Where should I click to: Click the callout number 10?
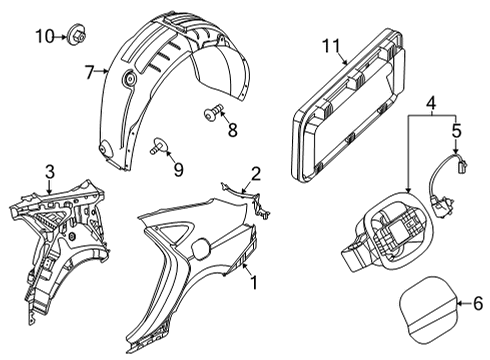point(45,36)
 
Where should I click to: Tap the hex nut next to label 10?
point(77,34)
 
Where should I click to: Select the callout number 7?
point(89,72)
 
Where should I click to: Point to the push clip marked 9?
point(158,145)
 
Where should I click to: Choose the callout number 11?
point(331,46)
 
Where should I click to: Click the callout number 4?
point(431,103)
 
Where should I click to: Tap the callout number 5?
point(456,130)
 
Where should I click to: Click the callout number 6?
point(478,304)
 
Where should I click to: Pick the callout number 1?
point(254,283)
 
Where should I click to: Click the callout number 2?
point(256,174)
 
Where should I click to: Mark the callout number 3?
point(49,172)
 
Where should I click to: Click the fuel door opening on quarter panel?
point(201,249)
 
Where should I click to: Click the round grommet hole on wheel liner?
point(129,78)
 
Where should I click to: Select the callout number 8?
point(233,130)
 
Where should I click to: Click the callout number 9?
point(179,170)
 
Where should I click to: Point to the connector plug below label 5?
point(462,165)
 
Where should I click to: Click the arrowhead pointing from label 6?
point(459,303)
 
